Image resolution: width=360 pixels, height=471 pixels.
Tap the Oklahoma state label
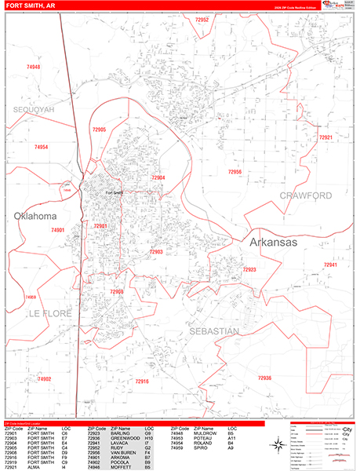point(35,216)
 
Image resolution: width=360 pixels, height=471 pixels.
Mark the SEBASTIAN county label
point(213,332)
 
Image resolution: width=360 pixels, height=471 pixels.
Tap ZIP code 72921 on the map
point(326,137)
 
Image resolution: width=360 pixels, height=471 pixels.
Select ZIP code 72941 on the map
point(330,265)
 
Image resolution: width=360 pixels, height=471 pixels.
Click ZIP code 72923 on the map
point(249,269)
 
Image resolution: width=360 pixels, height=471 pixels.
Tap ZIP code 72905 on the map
point(99,129)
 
